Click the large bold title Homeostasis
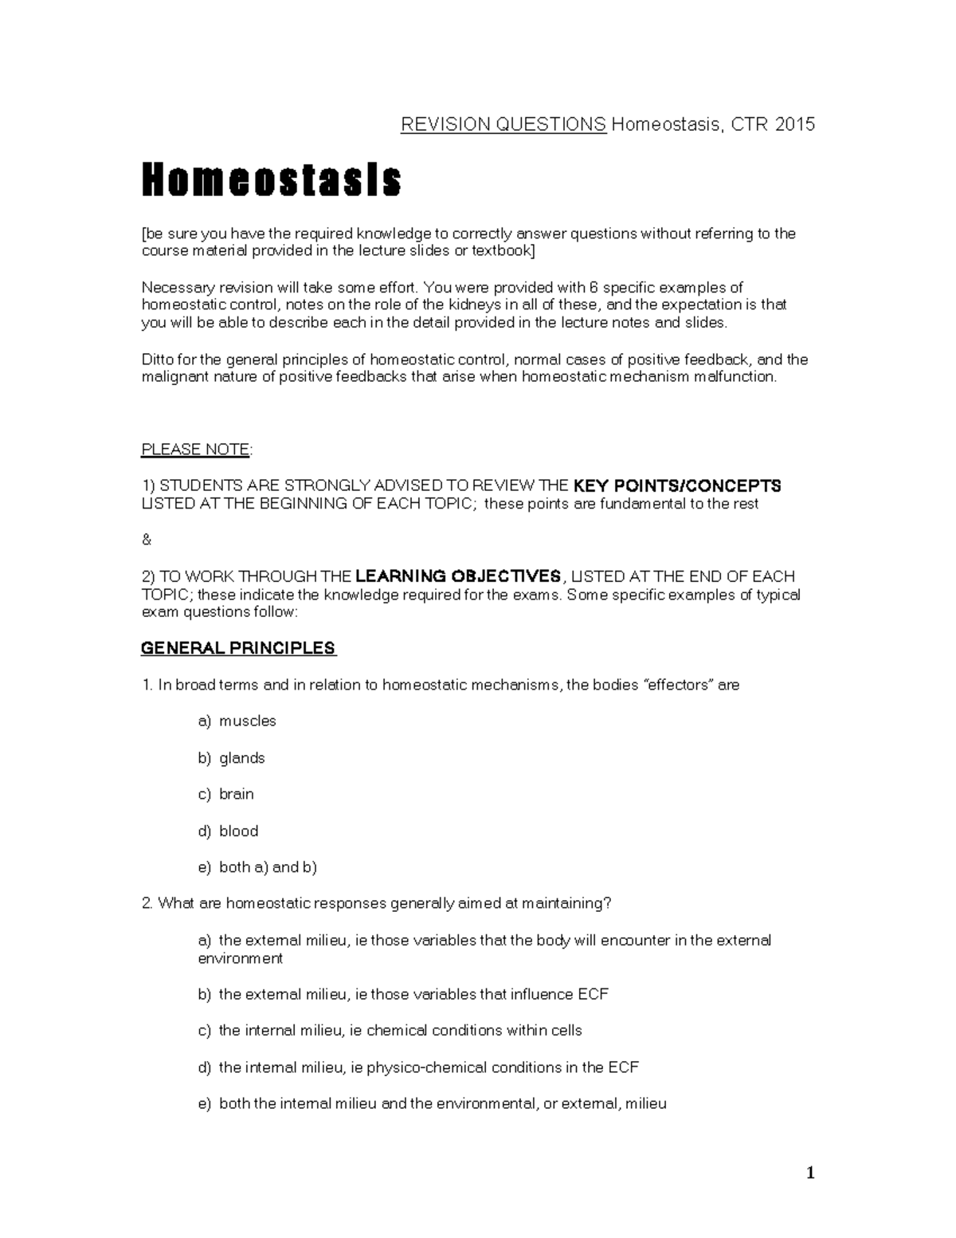pos(271,181)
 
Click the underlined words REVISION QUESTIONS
pos(503,124)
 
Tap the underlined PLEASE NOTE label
pos(195,450)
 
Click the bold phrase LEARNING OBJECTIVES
pos(458,576)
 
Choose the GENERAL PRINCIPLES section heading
pos(238,648)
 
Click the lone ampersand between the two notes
pos(146,540)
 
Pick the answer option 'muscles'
pos(247,721)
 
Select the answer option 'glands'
pos(241,758)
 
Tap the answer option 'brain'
pos(236,794)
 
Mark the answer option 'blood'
pos(238,831)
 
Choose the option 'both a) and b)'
pos(268,867)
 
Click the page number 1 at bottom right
pos(810,1173)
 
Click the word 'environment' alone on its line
pos(240,958)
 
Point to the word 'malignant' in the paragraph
pos(175,377)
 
